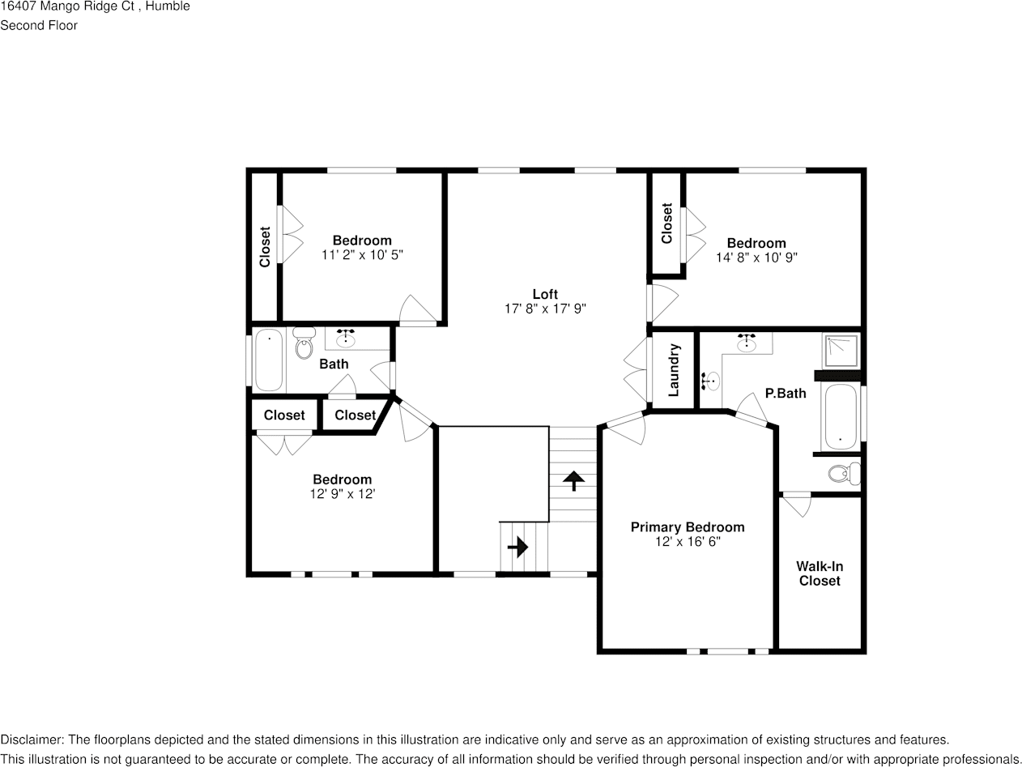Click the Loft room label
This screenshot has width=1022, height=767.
point(544,294)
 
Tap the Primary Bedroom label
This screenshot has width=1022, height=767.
point(687,527)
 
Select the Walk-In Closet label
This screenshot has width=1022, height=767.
point(819,573)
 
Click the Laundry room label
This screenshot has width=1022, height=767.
point(674,370)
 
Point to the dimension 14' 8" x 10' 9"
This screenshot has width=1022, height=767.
point(756,258)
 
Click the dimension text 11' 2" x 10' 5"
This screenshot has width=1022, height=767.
point(362,254)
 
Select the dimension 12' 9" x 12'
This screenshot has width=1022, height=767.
point(342,493)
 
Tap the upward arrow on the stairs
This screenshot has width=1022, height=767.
point(573,481)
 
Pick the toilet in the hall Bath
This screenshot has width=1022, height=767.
point(304,345)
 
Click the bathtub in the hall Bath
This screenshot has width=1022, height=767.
point(269,360)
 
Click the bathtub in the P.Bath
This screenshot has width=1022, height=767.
point(840,416)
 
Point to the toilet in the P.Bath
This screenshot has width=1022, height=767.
point(843,473)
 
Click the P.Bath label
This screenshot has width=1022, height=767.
point(785,394)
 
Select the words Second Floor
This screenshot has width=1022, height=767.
point(39,25)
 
